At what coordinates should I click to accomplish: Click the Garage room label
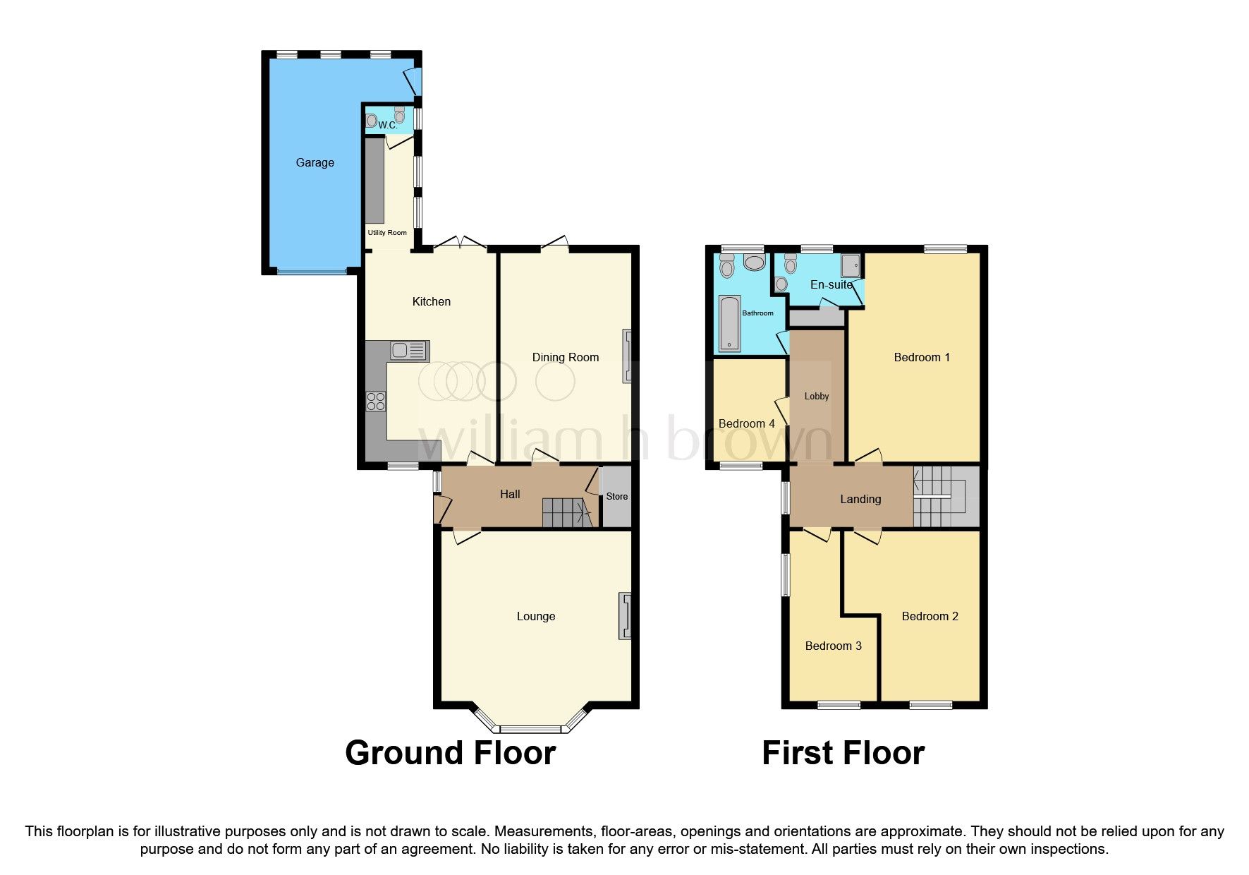click(x=315, y=162)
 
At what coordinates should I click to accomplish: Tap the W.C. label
click(x=387, y=125)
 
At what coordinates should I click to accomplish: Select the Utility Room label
click(x=387, y=232)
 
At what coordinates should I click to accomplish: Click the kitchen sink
click(x=409, y=351)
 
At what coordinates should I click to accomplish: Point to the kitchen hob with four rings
click(x=376, y=402)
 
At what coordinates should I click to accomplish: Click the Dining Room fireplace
click(x=626, y=356)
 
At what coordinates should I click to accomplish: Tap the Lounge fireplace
click(x=624, y=616)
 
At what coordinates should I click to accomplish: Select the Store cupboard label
click(x=616, y=496)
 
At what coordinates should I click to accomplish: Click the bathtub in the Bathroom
click(x=729, y=323)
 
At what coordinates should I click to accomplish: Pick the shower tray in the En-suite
click(x=851, y=266)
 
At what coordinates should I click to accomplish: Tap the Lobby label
click(x=816, y=396)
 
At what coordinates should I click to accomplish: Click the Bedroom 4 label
click(x=746, y=423)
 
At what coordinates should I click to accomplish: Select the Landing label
click(x=860, y=499)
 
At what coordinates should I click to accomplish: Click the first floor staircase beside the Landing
click(x=945, y=496)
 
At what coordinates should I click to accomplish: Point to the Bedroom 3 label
click(x=833, y=646)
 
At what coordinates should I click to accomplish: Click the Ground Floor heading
click(x=450, y=753)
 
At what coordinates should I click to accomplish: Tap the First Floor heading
click(x=843, y=753)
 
